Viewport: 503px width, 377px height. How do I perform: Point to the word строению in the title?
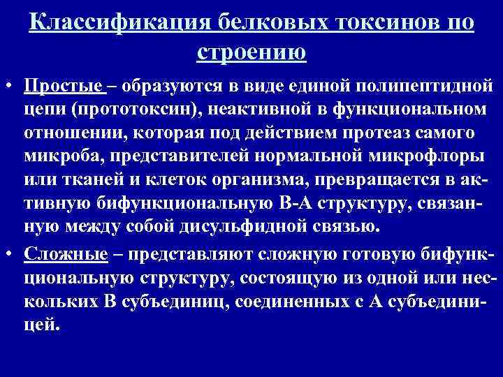(251, 50)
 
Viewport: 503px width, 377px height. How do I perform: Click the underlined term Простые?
(63, 87)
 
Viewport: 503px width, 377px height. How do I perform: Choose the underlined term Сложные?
(66, 254)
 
